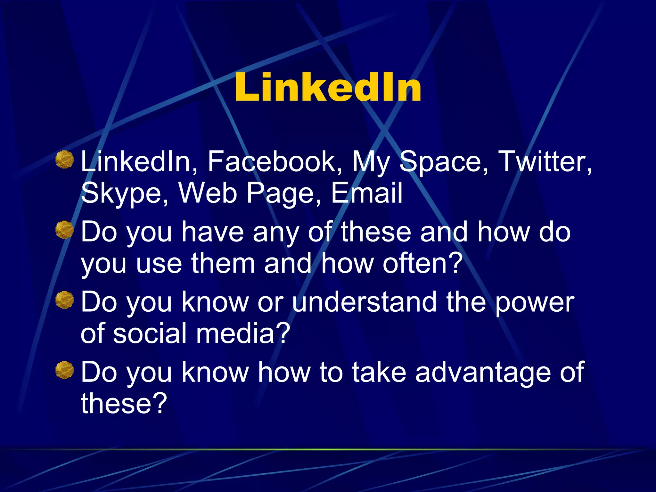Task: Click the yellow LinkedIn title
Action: pyautogui.click(x=328, y=87)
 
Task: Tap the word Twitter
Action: pyautogui.click(x=545, y=162)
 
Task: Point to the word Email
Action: pyautogui.click(x=366, y=193)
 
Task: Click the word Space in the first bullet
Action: pyautogui.click(x=444, y=162)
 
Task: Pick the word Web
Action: pyautogui.click(x=208, y=193)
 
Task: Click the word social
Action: pyautogui.click(x=150, y=333)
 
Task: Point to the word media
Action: pyautogui.click(x=243, y=333)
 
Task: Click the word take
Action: pyautogui.click(x=379, y=372)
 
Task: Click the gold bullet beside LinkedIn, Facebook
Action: pyautogui.click(x=65, y=159)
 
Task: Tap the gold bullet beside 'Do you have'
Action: pyautogui.click(x=65, y=229)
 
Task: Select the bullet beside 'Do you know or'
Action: pyautogui.click(x=65, y=300)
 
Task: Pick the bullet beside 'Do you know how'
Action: pyautogui.click(x=65, y=370)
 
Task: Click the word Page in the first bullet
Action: pyautogui.click(x=280, y=193)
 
